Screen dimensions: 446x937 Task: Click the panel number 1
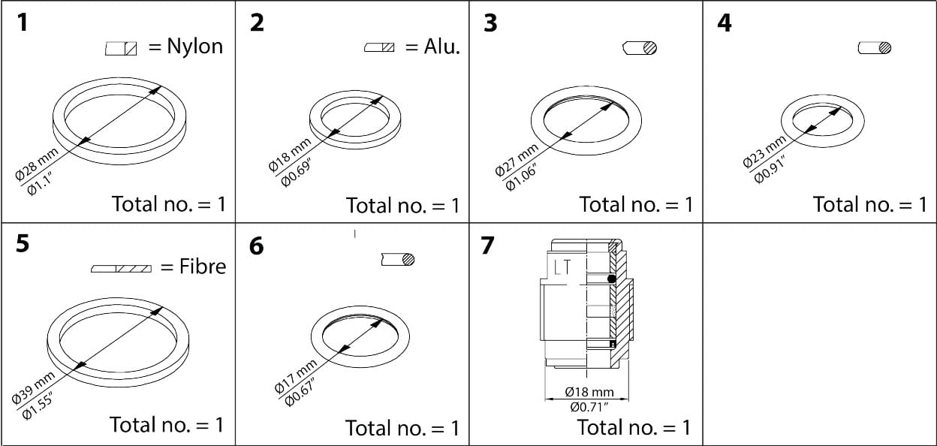coord(23,23)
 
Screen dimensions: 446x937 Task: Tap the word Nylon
coord(195,47)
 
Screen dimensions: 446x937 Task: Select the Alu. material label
coord(441,47)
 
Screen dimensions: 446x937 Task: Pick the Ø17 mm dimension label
coord(295,378)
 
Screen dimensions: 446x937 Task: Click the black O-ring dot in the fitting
coord(612,279)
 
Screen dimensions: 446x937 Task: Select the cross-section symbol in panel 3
coord(640,48)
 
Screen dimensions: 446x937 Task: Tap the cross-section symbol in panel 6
coord(398,260)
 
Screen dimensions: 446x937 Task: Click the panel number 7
coord(488,246)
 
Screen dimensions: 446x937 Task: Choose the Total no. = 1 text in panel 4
coord(869,204)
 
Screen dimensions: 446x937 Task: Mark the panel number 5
coord(23,245)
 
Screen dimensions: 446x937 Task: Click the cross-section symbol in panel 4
coord(875,48)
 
